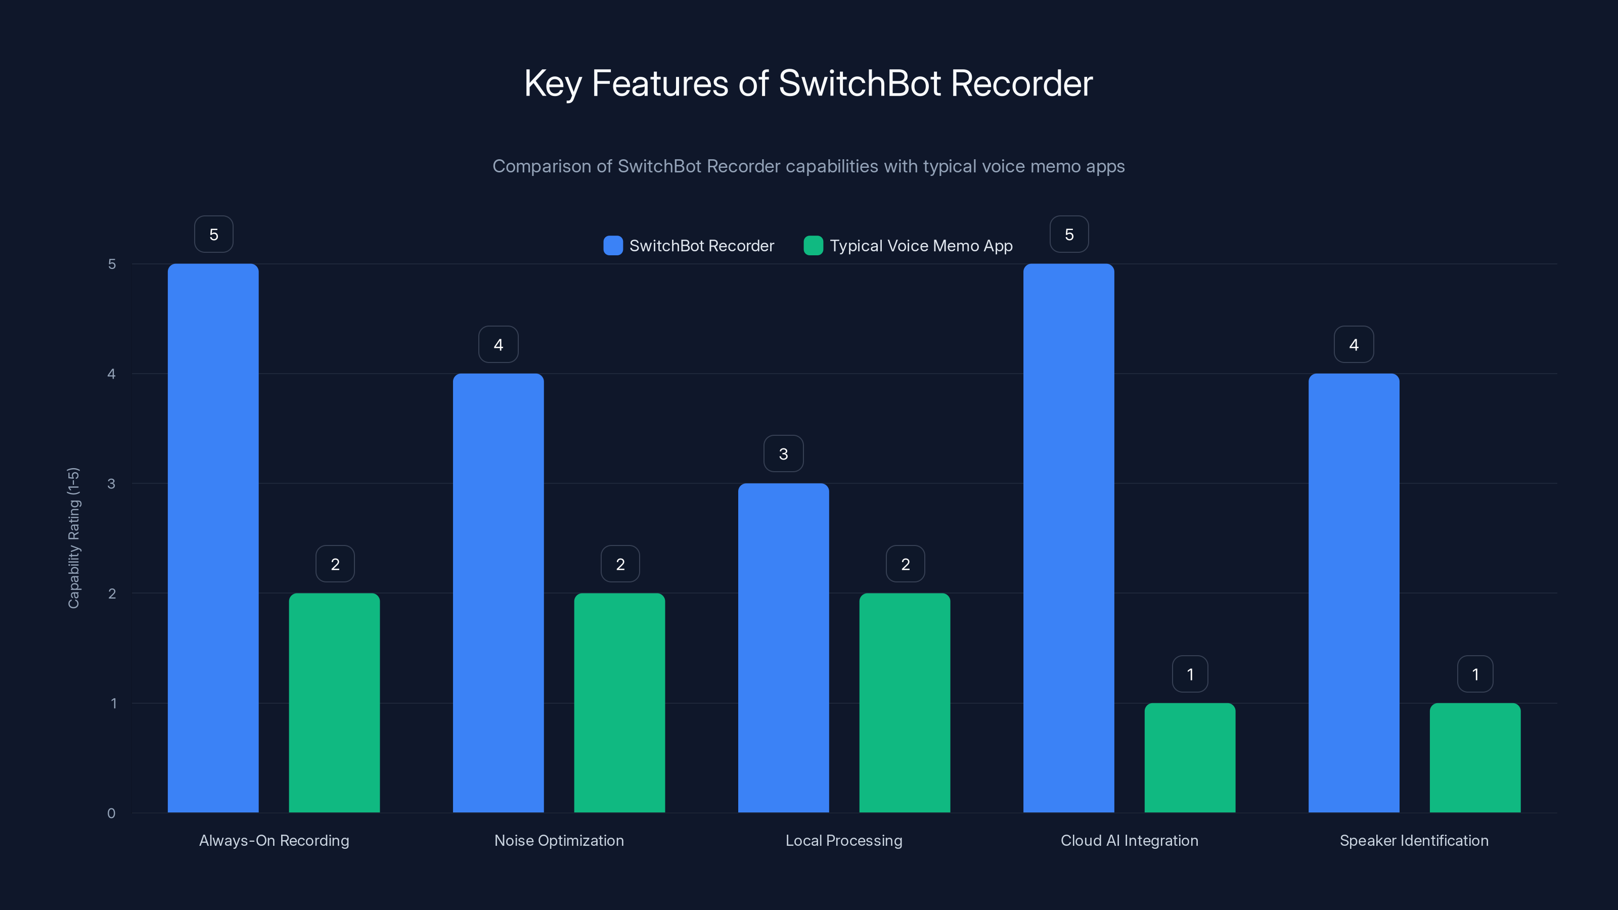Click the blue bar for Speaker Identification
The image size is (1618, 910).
[x=1354, y=593]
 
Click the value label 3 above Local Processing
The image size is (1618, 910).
[x=783, y=454]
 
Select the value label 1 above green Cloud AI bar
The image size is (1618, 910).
[x=1190, y=674]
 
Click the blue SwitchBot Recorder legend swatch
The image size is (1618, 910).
[x=612, y=246]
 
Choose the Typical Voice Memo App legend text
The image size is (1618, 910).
[x=921, y=246]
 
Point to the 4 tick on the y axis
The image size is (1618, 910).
[x=112, y=374]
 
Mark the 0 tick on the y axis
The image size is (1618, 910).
[x=112, y=813]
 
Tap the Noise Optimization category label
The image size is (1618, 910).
[x=559, y=840]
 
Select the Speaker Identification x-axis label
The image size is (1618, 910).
[x=1414, y=840]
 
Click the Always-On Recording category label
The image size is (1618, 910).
[x=274, y=840]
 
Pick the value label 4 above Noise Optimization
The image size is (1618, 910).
[x=498, y=344]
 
